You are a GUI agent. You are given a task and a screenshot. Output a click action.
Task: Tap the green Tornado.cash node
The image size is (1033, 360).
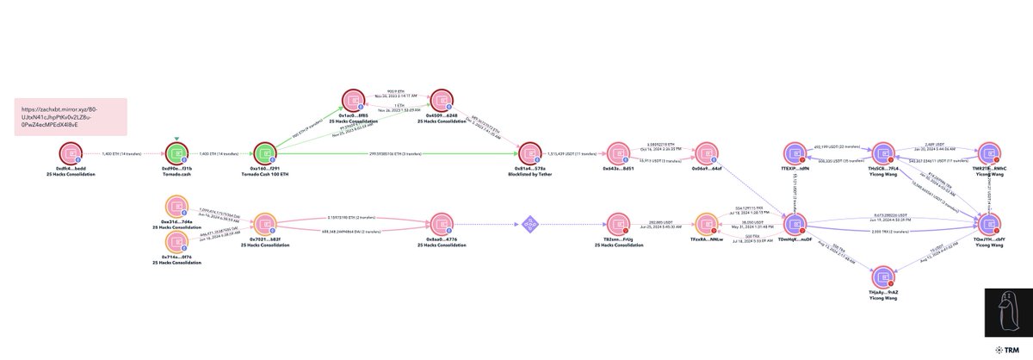click(176, 153)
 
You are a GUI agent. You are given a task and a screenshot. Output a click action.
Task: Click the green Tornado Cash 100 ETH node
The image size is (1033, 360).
click(265, 153)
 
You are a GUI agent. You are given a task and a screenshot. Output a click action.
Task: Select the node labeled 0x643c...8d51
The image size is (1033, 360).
click(619, 153)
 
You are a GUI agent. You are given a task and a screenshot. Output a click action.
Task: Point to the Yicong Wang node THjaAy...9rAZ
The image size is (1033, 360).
click(883, 278)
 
